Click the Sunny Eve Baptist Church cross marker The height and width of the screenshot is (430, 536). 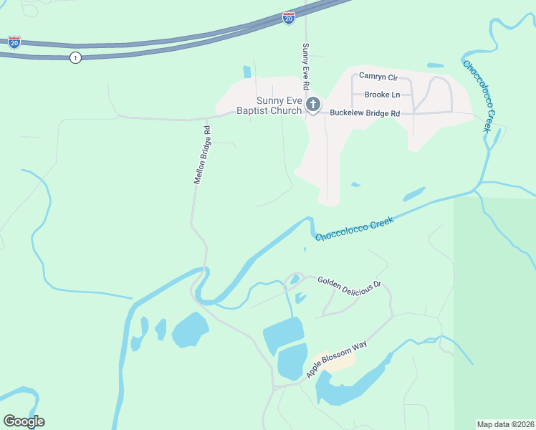(x=312, y=105)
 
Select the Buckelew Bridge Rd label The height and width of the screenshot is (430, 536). (x=365, y=113)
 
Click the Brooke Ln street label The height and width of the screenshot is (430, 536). (x=382, y=95)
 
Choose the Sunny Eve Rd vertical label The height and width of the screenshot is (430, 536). (x=305, y=66)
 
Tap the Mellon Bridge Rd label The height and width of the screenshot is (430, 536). (x=201, y=156)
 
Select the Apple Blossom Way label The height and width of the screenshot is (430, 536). (x=336, y=360)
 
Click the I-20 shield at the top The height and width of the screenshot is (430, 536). (x=288, y=18)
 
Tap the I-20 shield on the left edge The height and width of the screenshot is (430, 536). (x=14, y=42)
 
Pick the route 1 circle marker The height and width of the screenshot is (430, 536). (x=75, y=57)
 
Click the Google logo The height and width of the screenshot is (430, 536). (x=24, y=421)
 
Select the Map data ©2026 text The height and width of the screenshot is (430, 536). (x=505, y=424)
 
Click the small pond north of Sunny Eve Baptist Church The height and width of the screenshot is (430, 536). (x=247, y=72)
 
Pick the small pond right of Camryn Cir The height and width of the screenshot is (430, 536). (x=435, y=67)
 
